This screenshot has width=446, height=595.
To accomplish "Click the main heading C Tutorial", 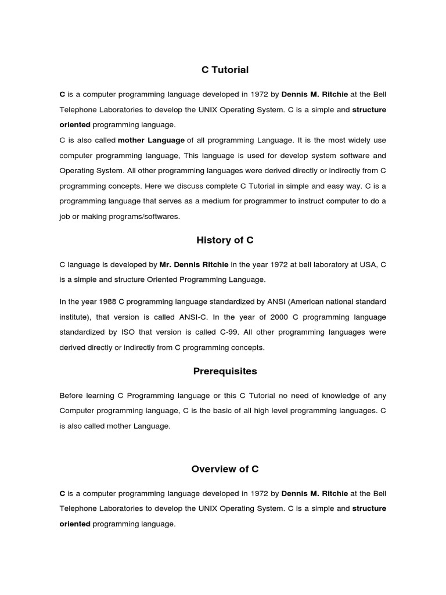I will (x=225, y=70).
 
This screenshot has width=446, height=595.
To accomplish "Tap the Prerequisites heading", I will (x=225, y=371).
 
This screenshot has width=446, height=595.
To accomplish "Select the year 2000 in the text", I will (x=280, y=317).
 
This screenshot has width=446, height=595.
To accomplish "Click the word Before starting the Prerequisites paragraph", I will (x=72, y=396).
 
